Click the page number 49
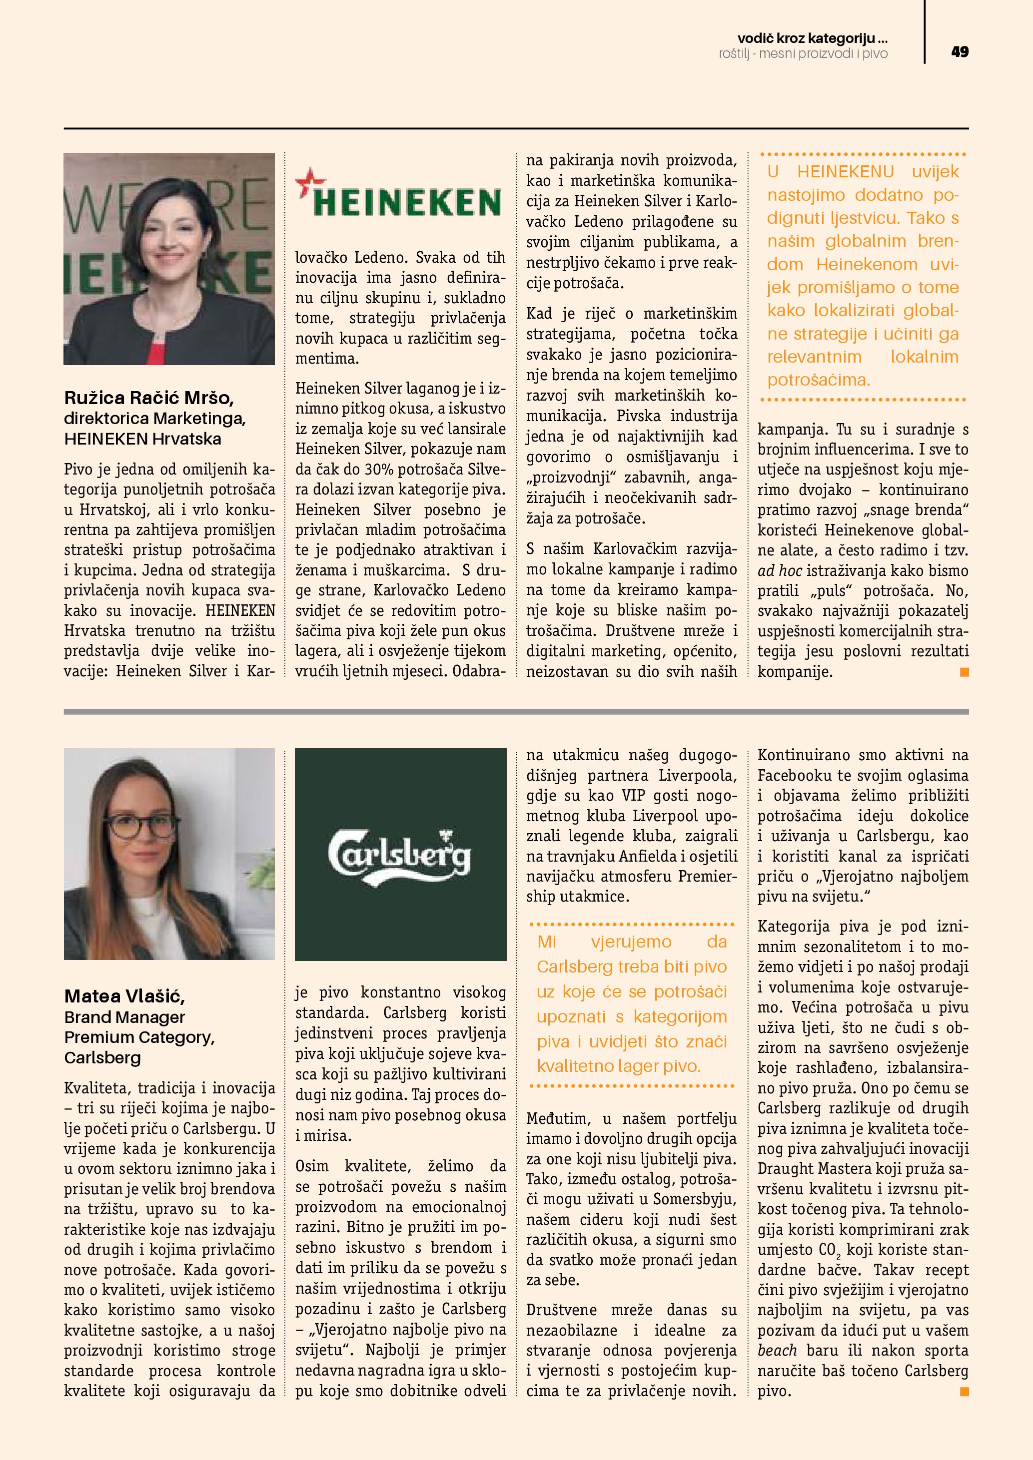click(x=960, y=52)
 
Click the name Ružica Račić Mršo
click(x=149, y=398)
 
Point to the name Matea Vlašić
click(x=124, y=996)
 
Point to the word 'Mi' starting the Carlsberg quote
click(x=546, y=942)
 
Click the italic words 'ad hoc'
click(x=779, y=571)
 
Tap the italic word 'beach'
click(x=777, y=1350)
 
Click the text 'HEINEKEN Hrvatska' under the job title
click(x=142, y=439)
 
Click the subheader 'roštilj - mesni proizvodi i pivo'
click(x=803, y=54)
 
